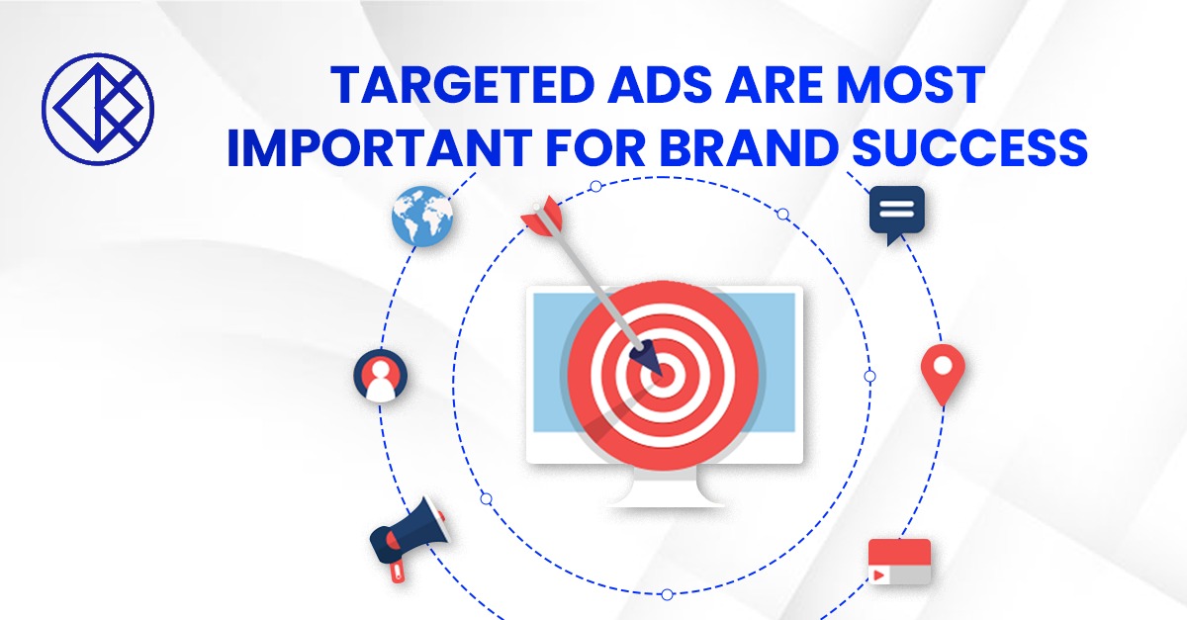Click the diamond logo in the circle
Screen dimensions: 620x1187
tap(97, 107)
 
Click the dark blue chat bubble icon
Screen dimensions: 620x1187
tap(896, 213)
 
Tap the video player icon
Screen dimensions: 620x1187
tap(899, 561)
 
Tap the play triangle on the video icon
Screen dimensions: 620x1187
tap(877, 574)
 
